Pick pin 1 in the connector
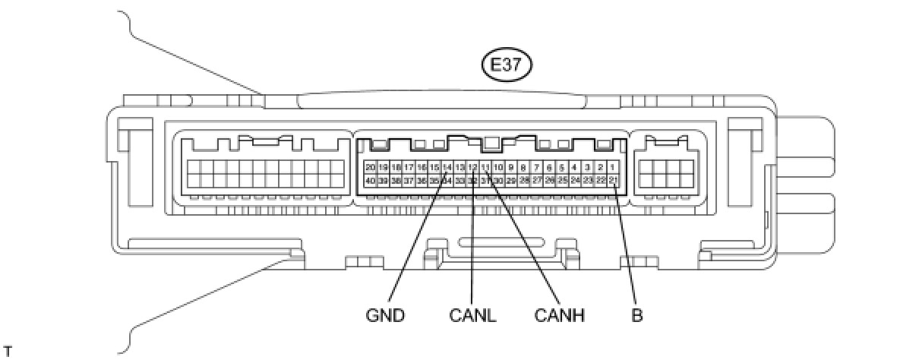(613, 166)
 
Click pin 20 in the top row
(370, 166)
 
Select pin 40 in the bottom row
(370, 180)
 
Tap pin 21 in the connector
(613, 180)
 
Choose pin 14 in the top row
(447, 166)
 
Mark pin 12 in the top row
(472, 166)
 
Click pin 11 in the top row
(485, 166)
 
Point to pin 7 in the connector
(536, 166)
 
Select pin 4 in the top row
(575, 166)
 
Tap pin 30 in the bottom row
(498, 180)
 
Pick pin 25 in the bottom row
(562, 180)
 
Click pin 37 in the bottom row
(409, 180)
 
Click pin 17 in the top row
(409, 166)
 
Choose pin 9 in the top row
(511, 166)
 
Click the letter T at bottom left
(8, 350)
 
